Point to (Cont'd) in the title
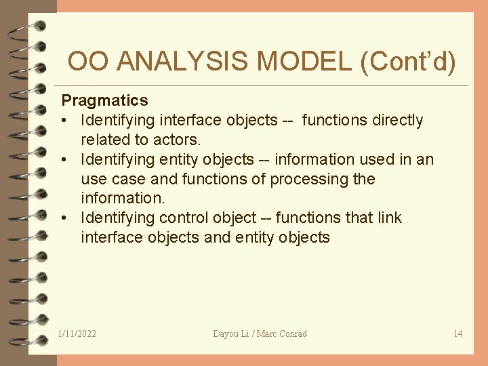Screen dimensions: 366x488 [x=409, y=62]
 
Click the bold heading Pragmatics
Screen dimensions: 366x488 [x=104, y=101]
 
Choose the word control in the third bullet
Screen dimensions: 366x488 [x=183, y=218]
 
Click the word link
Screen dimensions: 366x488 [x=389, y=218]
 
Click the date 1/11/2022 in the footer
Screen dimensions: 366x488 [x=77, y=333]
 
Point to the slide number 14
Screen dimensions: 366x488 [x=457, y=333]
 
